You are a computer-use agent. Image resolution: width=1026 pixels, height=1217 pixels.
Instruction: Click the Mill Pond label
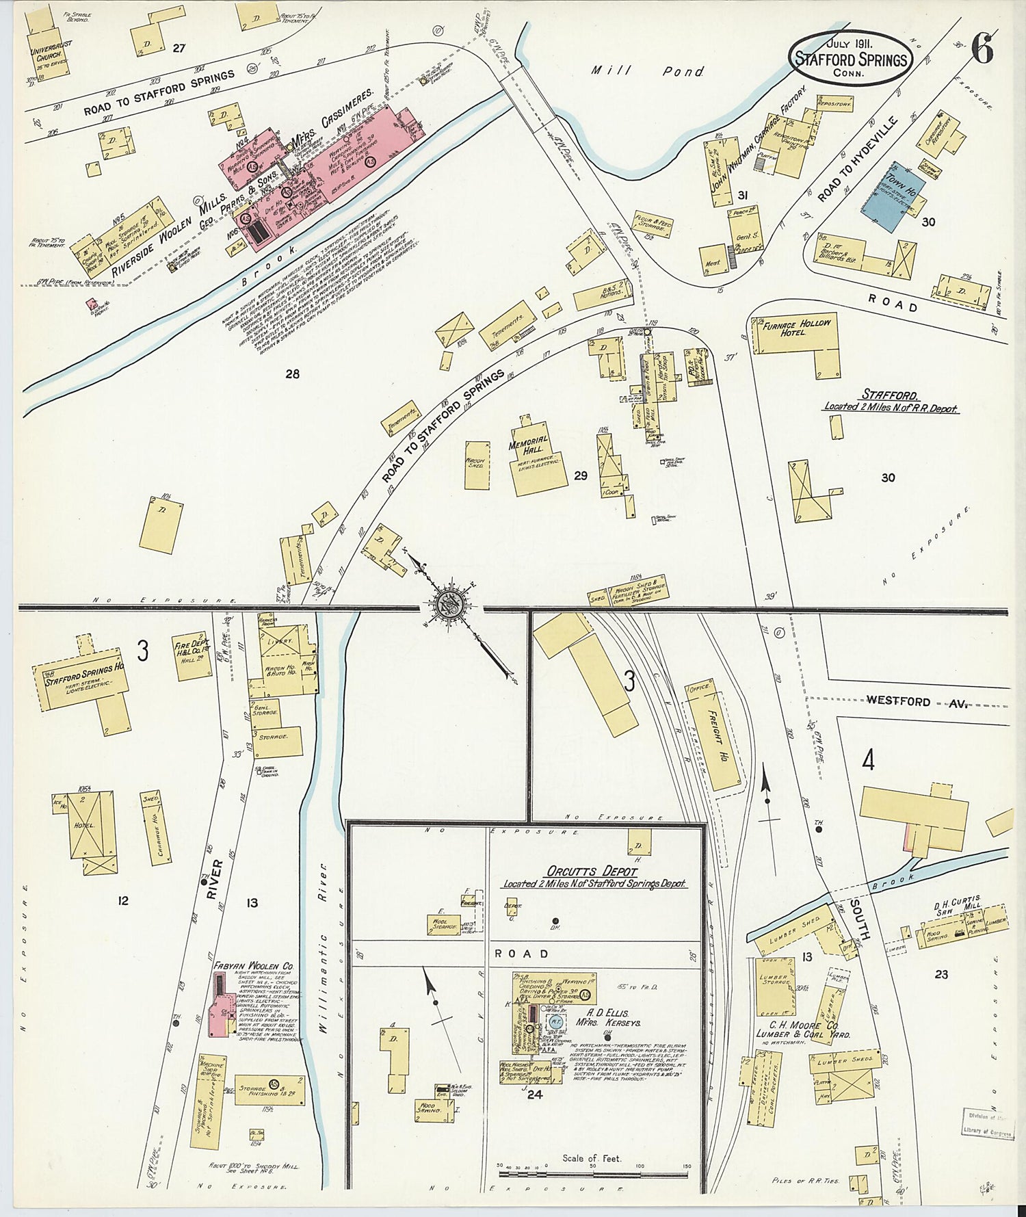(646, 70)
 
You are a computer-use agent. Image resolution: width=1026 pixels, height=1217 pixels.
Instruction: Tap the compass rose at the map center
(449, 605)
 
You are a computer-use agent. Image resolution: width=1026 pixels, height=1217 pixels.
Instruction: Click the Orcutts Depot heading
(592, 872)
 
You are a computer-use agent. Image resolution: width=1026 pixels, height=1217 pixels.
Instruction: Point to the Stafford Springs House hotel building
(82, 684)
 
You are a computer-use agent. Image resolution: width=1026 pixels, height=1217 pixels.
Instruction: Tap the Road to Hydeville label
(857, 159)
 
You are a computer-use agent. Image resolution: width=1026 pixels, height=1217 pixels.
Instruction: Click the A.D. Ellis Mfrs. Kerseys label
(607, 1017)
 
